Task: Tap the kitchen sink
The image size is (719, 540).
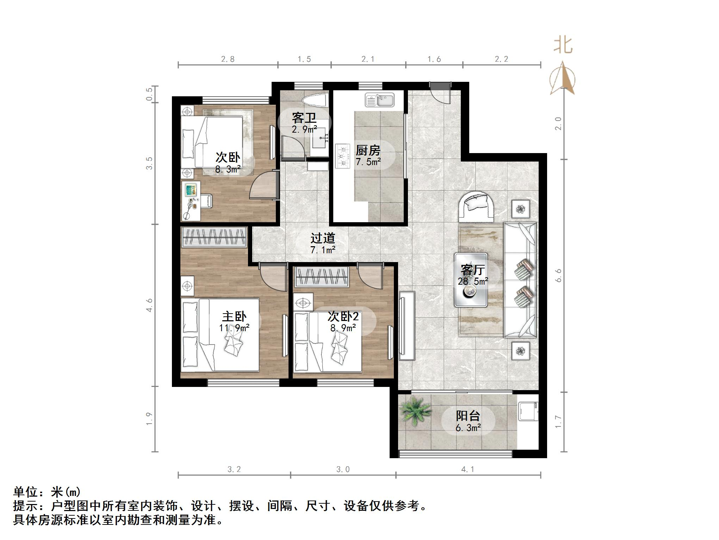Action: tap(380, 99)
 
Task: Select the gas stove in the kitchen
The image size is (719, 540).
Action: tap(342, 156)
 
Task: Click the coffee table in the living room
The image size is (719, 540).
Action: tap(471, 280)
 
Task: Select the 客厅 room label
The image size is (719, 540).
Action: tap(473, 270)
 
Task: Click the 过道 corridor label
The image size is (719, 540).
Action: tap(322, 238)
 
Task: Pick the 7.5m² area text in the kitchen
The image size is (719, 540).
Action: tap(368, 162)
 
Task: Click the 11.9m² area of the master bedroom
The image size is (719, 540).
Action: tap(234, 328)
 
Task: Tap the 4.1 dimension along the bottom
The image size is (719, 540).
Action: tap(467, 469)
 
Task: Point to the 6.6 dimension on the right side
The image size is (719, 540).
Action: tap(558, 275)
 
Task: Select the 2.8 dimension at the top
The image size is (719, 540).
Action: tap(228, 59)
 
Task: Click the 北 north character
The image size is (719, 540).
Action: tap(563, 45)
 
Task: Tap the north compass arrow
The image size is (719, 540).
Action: tap(563, 78)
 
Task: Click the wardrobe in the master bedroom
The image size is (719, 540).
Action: tap(214, 237)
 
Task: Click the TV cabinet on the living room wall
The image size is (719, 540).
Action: tap(407, 326)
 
